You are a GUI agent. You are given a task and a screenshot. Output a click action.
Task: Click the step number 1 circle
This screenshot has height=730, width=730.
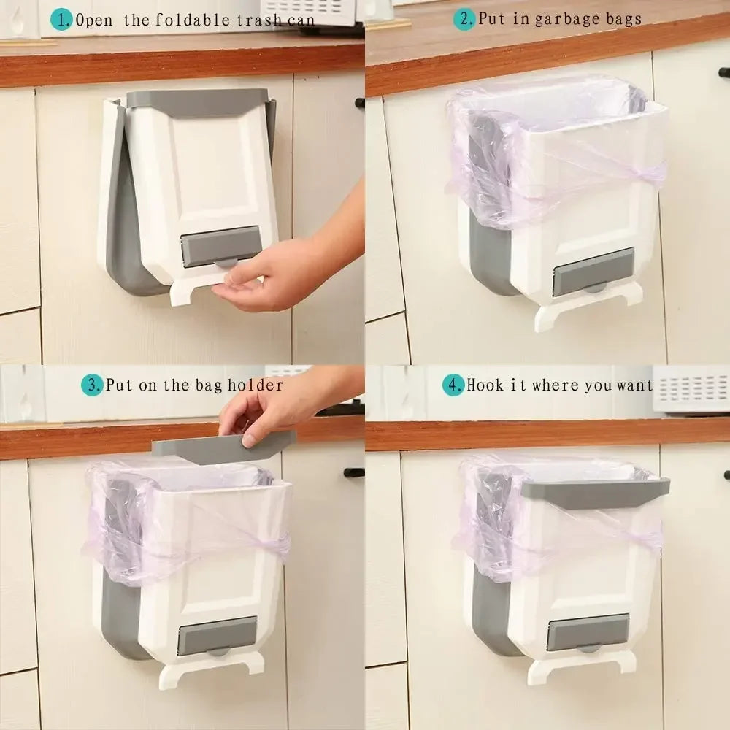pyautogui.click(x=64, y=19)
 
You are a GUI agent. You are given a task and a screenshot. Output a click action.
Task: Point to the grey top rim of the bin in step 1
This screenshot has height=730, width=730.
pyautogui.click(x=197, y=99)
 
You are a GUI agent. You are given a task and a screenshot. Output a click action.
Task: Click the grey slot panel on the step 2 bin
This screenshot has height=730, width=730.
pyautogui.click(x=593, y=270)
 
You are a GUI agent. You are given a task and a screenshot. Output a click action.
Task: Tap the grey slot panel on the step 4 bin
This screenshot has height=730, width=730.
pyautogui.click(x=588, y=631)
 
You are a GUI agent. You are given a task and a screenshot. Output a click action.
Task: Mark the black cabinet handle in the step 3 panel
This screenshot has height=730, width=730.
pyautogui.click(x=354, y=472)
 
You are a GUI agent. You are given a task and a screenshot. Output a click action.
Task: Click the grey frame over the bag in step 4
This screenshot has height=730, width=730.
pyautogui.click(x=595, y=491)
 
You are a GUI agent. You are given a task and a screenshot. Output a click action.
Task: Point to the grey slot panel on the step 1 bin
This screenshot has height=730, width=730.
pyautogui.click(x=219, y=246)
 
